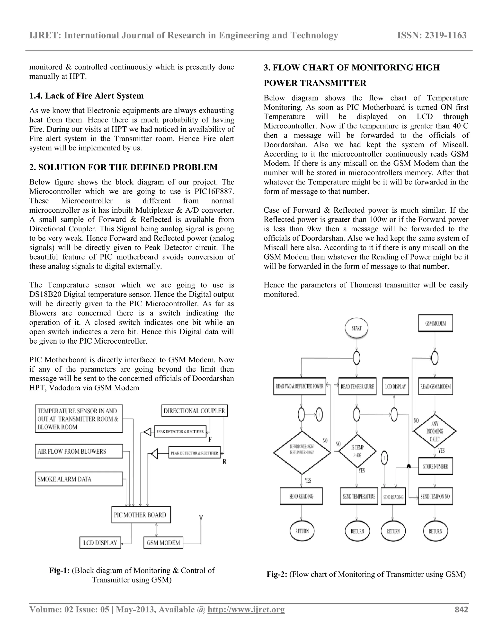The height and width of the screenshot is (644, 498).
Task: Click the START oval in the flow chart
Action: (356, 328)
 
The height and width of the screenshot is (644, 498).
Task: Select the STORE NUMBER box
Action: (435, 466)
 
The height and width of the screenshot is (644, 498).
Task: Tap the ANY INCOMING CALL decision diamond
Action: (435, 431)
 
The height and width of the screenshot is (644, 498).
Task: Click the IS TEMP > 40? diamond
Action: (357, 451)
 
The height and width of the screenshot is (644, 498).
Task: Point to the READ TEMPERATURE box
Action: (357, 386)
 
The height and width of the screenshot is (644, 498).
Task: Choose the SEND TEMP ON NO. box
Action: (435, 496)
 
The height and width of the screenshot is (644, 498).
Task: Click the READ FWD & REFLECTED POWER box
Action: (299, 386)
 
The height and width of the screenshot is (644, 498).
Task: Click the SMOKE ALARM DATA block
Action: (79, 479)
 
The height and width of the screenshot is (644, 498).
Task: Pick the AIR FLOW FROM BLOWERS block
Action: (79, 451)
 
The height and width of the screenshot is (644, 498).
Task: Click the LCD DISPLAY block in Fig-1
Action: (100, 543)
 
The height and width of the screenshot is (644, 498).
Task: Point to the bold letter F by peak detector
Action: (210, 439)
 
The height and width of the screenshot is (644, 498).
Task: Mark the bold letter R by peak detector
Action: (224, 461)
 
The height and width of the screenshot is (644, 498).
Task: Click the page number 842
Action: (462, 609)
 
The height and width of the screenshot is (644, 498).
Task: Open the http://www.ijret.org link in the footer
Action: (246, 609)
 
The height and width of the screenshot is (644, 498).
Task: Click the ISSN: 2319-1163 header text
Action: (432, 35)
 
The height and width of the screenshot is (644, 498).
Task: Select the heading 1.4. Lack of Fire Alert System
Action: (86, 96)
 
